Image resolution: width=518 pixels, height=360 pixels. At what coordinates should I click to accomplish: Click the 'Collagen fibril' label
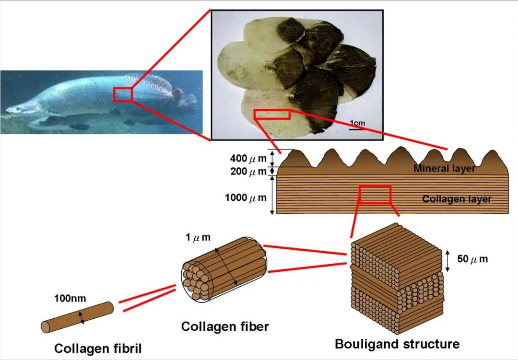(98, 349)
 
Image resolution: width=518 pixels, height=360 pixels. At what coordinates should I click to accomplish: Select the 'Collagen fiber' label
(225, 326)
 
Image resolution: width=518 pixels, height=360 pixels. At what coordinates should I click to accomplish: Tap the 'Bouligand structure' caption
(397, 344)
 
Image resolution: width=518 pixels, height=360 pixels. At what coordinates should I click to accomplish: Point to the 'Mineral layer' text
(444, 168)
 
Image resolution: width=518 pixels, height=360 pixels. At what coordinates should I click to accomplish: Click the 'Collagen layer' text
(457, 199)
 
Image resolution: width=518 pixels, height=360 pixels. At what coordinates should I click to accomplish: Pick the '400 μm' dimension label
(248, 159)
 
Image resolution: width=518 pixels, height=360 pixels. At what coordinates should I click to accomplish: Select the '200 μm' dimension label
(248, 172)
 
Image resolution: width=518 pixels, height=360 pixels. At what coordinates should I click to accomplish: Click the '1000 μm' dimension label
(246, 197)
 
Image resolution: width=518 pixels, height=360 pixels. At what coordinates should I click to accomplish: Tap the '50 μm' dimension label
(472, 258)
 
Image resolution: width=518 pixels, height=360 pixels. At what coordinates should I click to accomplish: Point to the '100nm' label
(70, 299)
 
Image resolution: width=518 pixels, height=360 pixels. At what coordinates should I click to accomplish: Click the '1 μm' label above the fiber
(198, 237)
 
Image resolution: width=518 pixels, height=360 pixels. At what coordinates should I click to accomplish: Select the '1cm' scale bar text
(357, 123)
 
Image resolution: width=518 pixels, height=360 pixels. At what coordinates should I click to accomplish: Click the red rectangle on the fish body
(123, 94)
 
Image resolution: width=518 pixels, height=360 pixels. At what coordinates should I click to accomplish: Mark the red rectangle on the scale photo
(272, 114)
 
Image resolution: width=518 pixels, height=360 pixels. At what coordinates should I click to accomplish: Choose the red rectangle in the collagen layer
(375, 194)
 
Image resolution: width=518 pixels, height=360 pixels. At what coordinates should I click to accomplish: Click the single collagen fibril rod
(77, 317)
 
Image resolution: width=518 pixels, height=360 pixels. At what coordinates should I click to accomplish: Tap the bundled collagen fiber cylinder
(224, 269)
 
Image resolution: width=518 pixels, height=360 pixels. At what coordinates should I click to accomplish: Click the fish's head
(23, 108)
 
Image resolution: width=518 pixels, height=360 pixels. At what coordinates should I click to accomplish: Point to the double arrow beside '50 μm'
(447, 261)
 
